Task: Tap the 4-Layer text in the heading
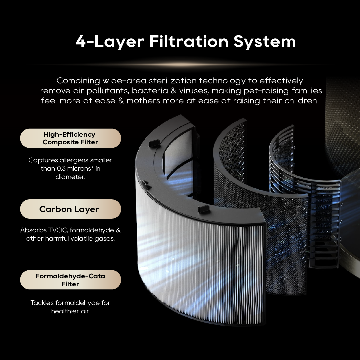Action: coord(110,42)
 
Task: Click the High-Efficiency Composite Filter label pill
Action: coord(70,138)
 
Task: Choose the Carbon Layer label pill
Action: coord(70,209)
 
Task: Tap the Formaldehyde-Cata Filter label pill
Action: coord(70,280)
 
